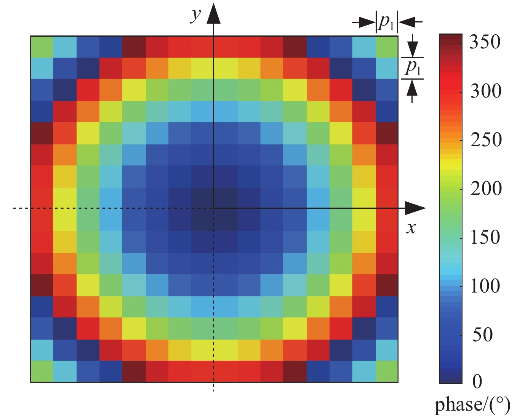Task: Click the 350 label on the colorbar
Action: coord(485,42)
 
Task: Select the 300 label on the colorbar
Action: coord(485,91)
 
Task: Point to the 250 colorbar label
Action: coord(485,140)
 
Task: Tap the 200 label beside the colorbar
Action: coord(485,188)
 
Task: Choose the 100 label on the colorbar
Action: coord(485,286)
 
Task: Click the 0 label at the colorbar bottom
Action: coord(477,381)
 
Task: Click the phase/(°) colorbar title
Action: coord(472,405)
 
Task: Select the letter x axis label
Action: coord(411,228)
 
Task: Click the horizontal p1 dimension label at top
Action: coord(386,23)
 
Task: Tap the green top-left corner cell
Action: coord(42,47)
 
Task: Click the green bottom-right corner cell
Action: coord(387,371)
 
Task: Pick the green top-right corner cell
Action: coord(387,47)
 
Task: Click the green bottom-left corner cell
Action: coord(42,371)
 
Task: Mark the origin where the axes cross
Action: coord(214,208)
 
